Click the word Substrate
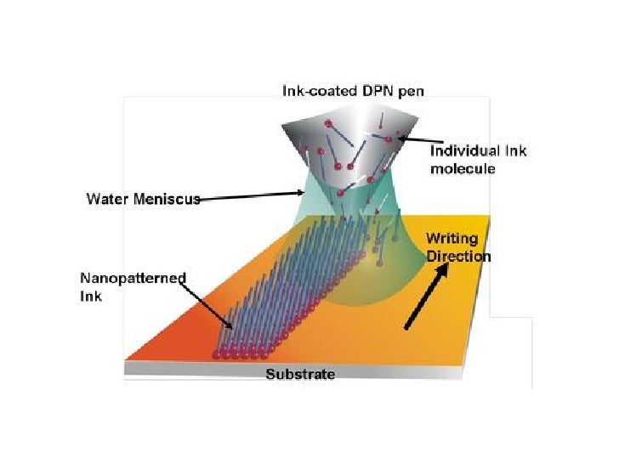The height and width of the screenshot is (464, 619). (x=300, y=375)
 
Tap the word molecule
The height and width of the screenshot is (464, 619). (x=463, y=169)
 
